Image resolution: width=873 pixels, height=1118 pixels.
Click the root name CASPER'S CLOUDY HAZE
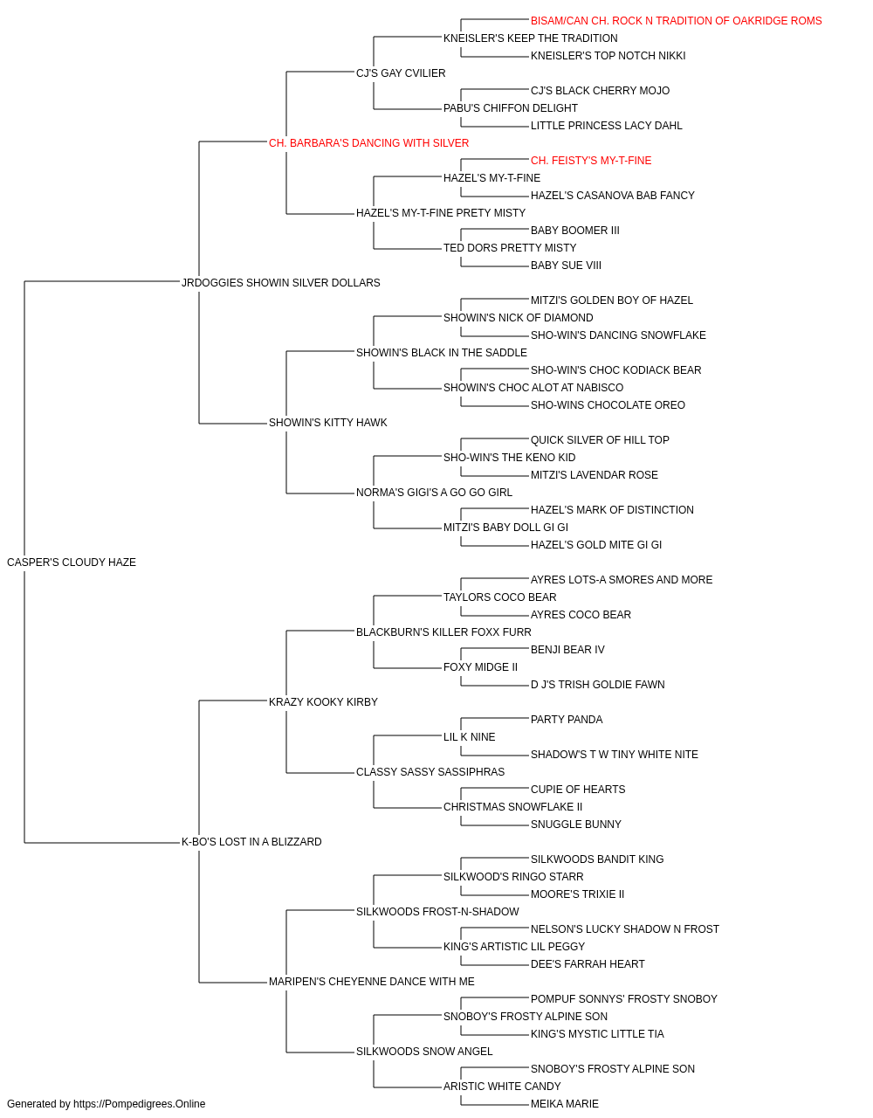click(x=72, y=562)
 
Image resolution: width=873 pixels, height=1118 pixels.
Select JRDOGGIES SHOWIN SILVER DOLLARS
click(x=281, y=283)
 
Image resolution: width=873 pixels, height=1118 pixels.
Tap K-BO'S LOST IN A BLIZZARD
click(x=251, y=842)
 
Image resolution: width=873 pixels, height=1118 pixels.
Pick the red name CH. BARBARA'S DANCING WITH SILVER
click(x=368, y=143)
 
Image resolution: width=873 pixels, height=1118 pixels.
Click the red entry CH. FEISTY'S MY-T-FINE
click(x=591, y=161)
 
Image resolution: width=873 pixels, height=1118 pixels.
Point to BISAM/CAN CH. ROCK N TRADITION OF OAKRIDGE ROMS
click(x=676, y=21)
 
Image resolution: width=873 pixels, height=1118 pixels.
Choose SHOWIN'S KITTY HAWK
click(x=328, y=423)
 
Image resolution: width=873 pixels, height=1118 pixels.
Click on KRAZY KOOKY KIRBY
click(x=323, y=701)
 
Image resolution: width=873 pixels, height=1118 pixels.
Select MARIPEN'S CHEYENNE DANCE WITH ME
click(x=371, y=982)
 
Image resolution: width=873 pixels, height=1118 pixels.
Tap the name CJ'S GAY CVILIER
click(x=401, y=73)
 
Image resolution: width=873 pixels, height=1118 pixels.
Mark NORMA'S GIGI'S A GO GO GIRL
click(x=434, y=493)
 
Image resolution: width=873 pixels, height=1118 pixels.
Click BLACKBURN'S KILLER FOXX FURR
click(x=443, y=631)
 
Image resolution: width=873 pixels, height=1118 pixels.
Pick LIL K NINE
click(x=470, y=737)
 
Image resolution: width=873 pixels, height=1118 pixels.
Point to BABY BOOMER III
click(x=574, y=231)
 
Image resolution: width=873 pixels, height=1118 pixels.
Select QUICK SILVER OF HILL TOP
click(x=600, y=440)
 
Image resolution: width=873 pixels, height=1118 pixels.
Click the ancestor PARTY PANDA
click(x=567, y=719)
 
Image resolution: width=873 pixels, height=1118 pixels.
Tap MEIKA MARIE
click(x=565, y=1104)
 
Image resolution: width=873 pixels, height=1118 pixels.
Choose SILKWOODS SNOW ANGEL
click(x=424, y=1051)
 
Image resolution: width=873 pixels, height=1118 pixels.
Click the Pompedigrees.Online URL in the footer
click(x=139, y=1104)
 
